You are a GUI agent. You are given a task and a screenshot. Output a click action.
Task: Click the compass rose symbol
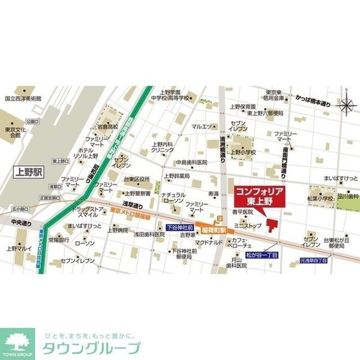click(346, 106)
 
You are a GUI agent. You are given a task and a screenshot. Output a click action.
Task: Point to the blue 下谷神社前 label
click(179, 229)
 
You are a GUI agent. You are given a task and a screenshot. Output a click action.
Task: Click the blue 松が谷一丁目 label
click(262, 255)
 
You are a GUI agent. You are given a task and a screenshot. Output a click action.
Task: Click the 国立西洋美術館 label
click(22, 98)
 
